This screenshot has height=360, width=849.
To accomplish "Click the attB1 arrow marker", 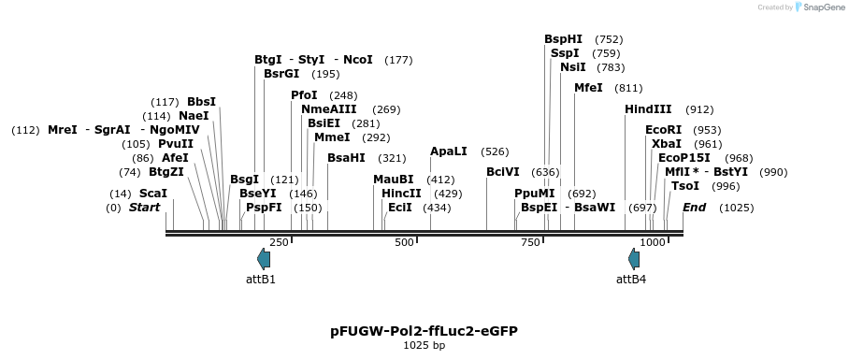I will (x=264, y=259).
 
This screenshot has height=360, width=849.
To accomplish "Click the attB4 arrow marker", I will (x=634, y=259).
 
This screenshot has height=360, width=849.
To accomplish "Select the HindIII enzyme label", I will (x=648, y=109).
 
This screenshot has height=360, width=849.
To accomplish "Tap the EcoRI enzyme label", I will (x=663, y=130).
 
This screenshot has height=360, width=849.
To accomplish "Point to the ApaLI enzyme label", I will (x=448, y=151).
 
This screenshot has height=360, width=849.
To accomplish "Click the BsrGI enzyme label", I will (x=281, y=74).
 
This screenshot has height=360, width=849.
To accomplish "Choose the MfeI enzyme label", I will (x=588, y=88).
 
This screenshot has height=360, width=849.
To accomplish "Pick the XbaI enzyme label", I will (x=667, y=144).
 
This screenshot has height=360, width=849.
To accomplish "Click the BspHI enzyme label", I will (x=563, y=39).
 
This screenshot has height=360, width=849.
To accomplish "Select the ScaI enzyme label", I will (x=153, y=194).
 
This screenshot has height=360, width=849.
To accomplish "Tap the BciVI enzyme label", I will (x=502, y=172).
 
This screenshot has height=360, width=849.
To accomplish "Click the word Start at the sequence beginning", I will (x=145, y=207).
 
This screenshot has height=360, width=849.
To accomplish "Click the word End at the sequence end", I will (x=694, y=207).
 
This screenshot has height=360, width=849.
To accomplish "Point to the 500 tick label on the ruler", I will (x=404, y=243).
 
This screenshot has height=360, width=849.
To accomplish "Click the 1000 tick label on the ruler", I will (x=653, y=243).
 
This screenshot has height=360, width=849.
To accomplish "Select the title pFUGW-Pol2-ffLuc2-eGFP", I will (x=424, y=331).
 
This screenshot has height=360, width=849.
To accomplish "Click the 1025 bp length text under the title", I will (x=424, y=346).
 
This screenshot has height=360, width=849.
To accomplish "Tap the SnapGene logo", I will (x=818, y=7).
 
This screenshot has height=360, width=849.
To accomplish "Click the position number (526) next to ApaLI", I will (x=495, y=151).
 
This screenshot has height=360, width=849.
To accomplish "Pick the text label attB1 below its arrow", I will (x=261, y=279).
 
